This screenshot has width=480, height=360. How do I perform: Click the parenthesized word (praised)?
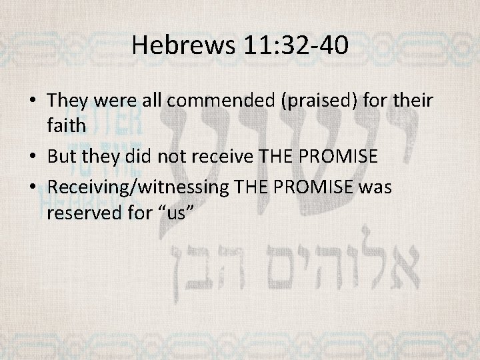[307, 102]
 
